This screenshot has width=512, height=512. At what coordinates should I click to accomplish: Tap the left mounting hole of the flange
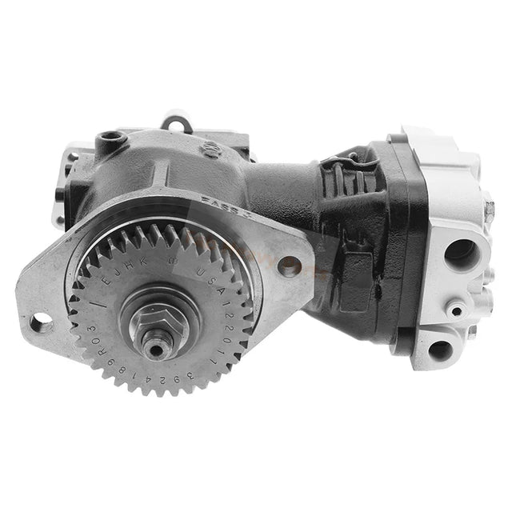[38, 323]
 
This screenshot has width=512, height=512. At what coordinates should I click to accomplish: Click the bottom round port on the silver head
[439, 349]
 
